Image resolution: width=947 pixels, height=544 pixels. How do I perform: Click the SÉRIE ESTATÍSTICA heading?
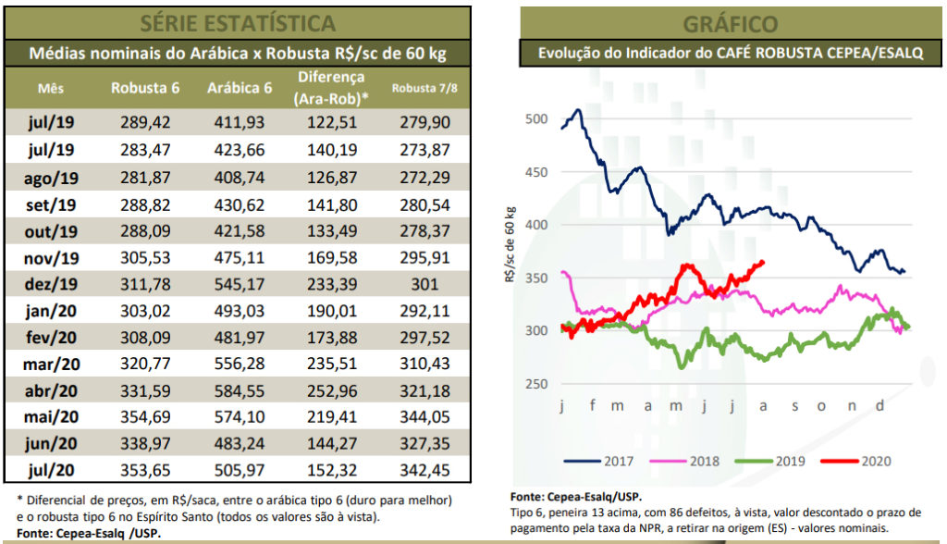(x=238, y=21)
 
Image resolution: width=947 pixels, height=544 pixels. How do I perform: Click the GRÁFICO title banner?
(x=730, y=23)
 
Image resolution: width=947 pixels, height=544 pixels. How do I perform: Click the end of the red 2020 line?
(x=764, y=262)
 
